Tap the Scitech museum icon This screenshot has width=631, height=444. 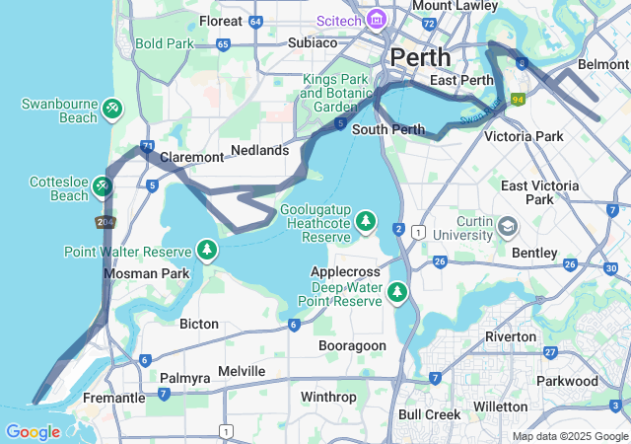(x=376, y=20)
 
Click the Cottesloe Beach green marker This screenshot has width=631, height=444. (x=105, y=185)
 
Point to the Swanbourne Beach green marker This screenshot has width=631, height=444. (x=113, y=106)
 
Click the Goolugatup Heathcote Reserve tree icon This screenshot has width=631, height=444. (x=366, y=219)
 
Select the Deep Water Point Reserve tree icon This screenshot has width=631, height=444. (x=397, y=291)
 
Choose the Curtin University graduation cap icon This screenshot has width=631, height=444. (x=507, y=226)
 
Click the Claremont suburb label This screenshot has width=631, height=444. (x=191, y=157)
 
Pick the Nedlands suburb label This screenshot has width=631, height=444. (x=259, y=150)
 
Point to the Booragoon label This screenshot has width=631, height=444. (x=352, y=345)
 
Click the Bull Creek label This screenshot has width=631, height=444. (x=429, y=414)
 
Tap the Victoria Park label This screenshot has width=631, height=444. (x=525, y=136)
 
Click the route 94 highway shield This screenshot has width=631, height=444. (x=517, y=100)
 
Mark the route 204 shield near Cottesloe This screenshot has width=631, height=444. (x=104, y=221)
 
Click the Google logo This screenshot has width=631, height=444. (x=33, y=432)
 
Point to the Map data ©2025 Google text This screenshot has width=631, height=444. (x=570, y=436)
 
